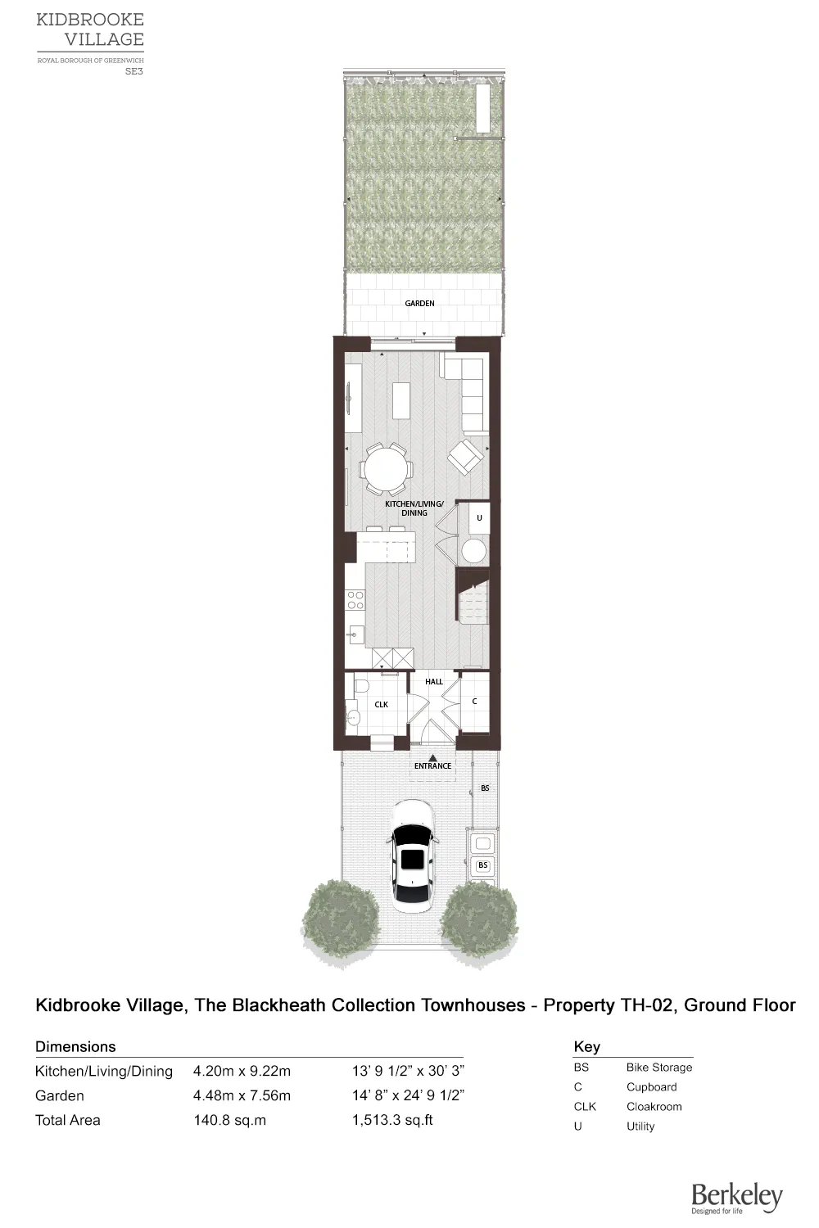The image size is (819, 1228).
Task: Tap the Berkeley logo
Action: click(x=736, y=1199)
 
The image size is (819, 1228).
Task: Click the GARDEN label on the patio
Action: click(x=419, y=304)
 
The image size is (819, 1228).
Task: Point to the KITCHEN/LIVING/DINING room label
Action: click(x=414, y=508)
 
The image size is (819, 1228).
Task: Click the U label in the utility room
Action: click(x=479, y=518)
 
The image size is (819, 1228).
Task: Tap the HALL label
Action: click(x=434, y=681)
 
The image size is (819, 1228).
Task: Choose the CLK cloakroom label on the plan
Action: click(x=381, y=704)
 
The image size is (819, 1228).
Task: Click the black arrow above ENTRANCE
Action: click(x=432, y=757)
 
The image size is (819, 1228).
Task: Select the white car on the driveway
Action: click(x=413, y=856)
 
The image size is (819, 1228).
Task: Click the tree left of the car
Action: click(x=341, y=917)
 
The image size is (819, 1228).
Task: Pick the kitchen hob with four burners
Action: click(x=355, y=600)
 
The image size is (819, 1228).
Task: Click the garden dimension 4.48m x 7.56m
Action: click(x=242, y=1095)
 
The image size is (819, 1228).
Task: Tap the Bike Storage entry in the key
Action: click(x=658, y=1068)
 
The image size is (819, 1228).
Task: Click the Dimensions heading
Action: click(x=75, y=1046)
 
